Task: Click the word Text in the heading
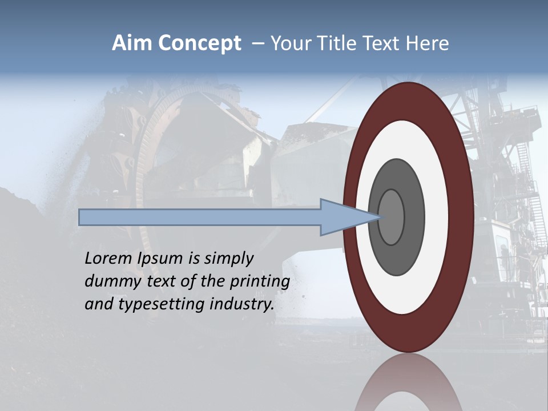(x=382, y=43)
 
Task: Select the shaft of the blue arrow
(x=200, y=217)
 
